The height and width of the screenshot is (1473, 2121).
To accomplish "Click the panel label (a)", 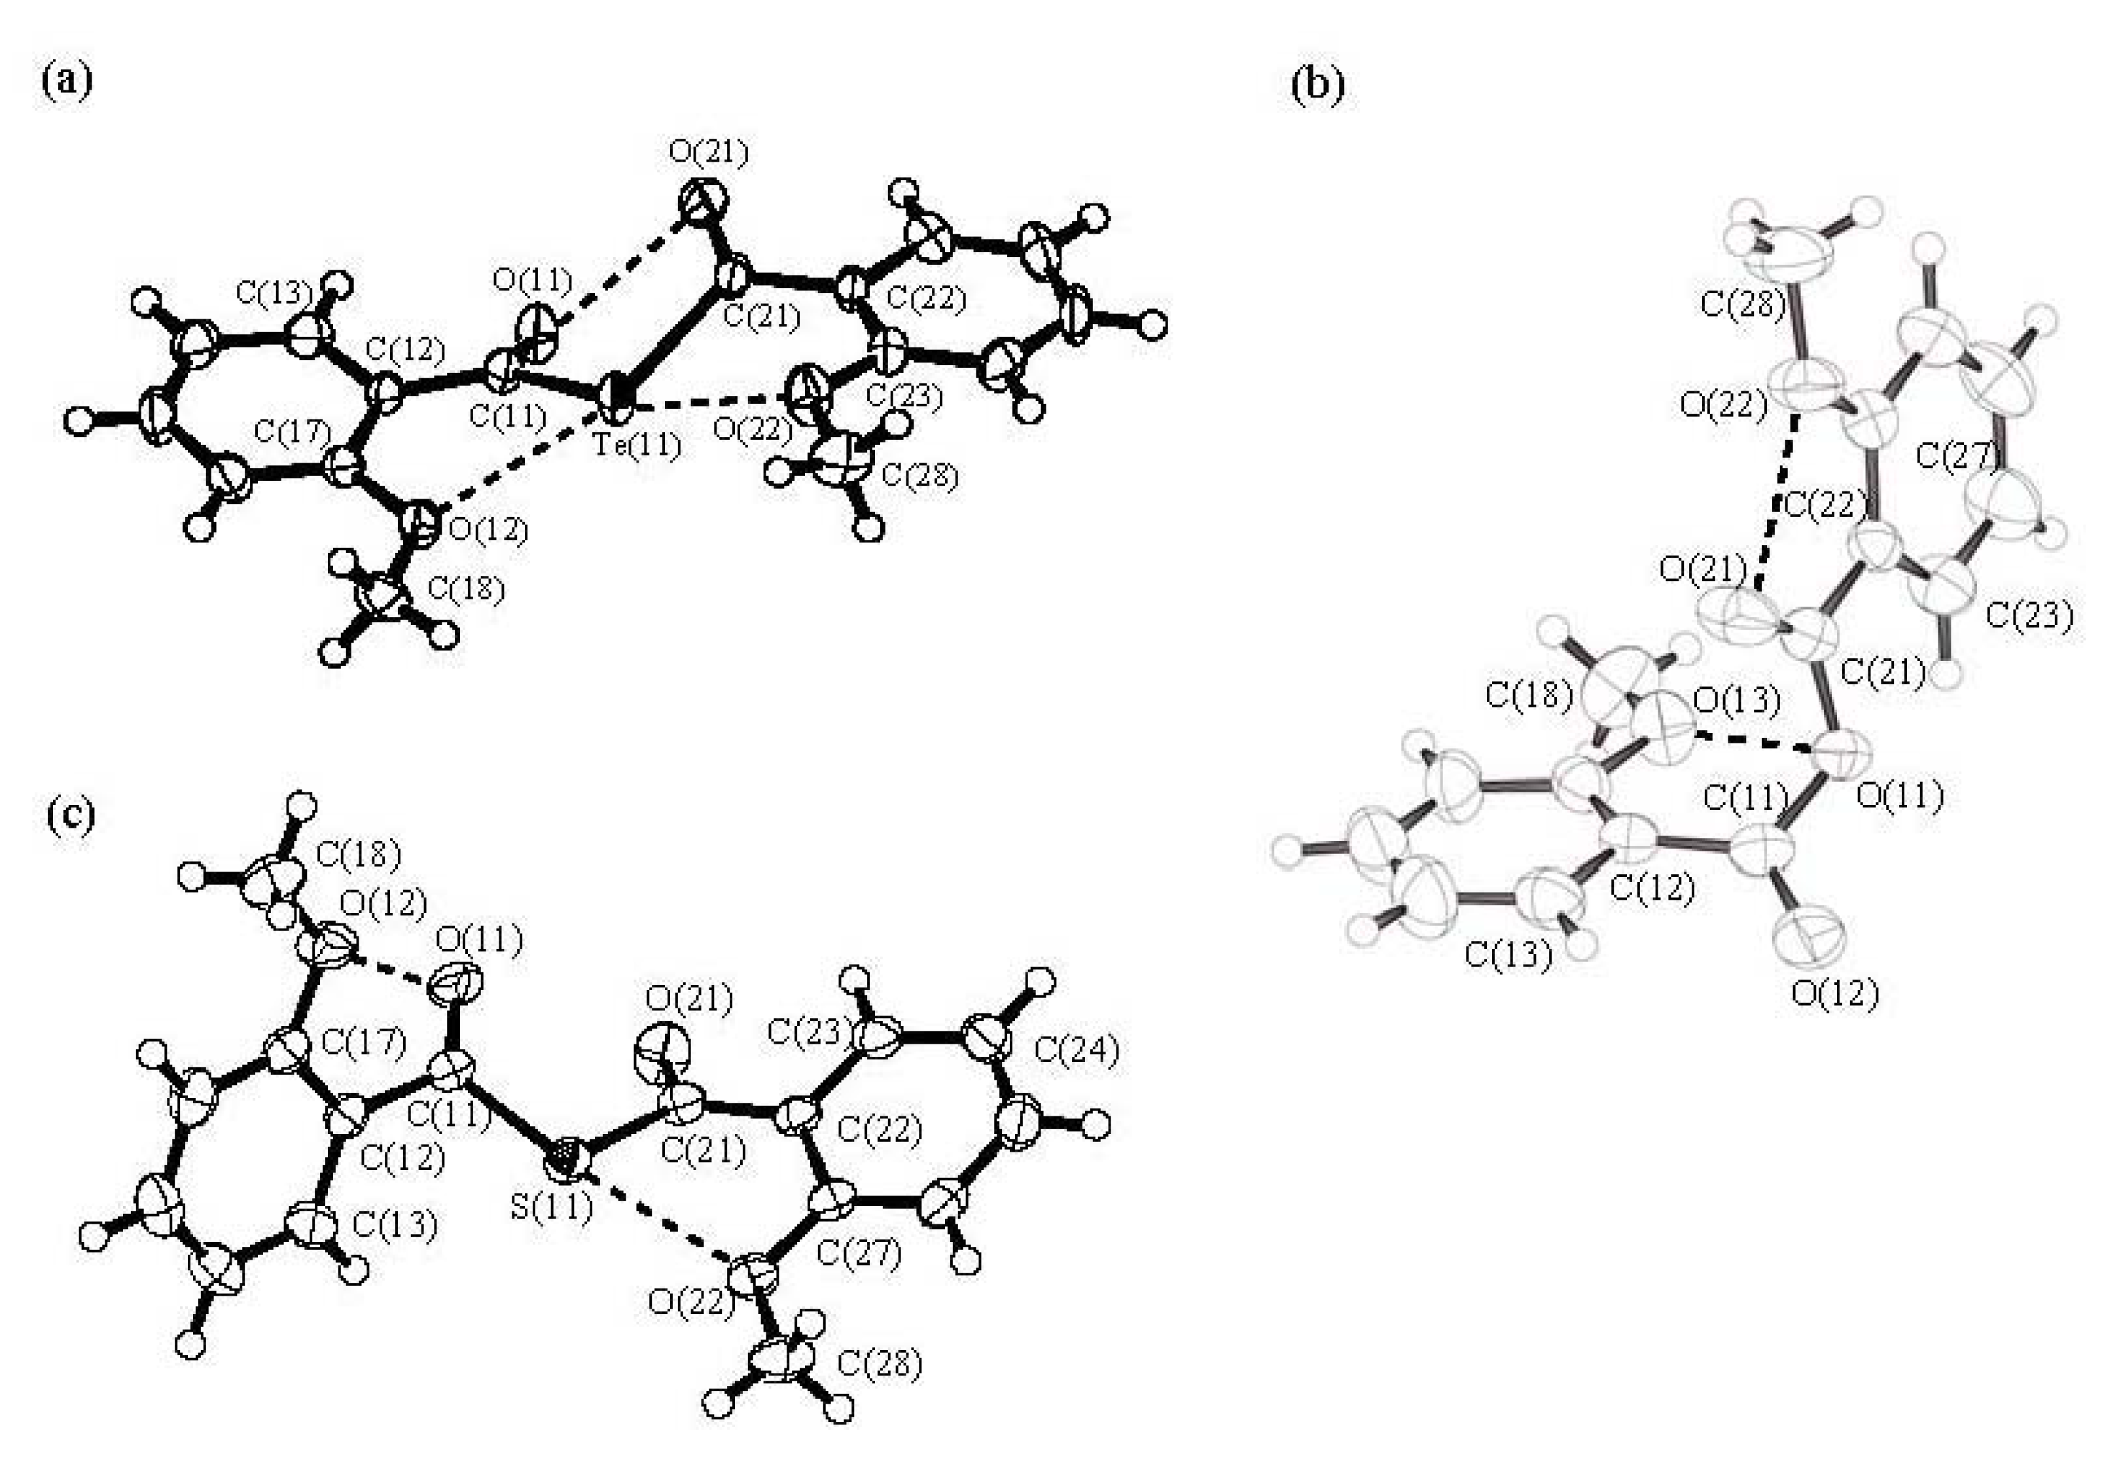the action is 67,81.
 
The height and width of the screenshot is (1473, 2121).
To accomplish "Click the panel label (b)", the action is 1317,85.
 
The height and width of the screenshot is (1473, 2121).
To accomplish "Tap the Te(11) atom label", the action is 637,445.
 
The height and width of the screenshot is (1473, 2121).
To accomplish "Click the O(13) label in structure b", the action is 1738,701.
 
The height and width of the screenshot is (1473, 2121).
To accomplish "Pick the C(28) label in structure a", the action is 920,476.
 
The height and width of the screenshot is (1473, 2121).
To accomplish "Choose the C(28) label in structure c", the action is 879,1363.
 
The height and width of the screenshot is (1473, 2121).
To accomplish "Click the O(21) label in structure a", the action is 708,153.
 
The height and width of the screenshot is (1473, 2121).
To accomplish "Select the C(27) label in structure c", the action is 859,1253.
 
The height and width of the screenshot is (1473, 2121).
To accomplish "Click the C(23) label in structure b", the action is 2029,614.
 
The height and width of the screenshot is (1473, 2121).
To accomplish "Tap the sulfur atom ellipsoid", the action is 566,1156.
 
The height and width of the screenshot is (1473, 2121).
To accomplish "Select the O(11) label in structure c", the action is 479,940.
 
